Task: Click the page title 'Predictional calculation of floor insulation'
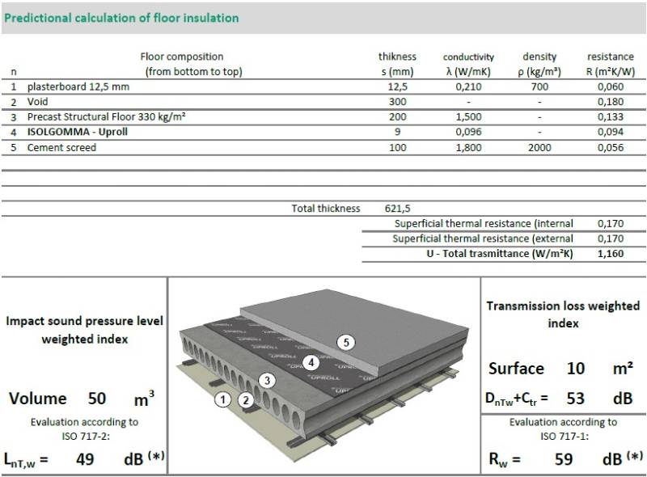[x=121, y=17]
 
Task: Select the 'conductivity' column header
[x=468, y=57]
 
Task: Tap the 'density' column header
[x=539, y=57]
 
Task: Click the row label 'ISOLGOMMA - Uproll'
[x=78, y=132]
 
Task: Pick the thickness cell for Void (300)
[x=397, y=102]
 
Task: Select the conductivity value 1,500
[x=468, y=117]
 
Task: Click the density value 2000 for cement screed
[x=539, y=148]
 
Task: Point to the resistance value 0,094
[x=611, y=133]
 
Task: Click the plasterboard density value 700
[x=539, y=87]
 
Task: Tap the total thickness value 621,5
[x=397, y=209]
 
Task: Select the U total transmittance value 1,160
[x=611, y=253]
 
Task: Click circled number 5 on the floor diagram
[x=347, y=343]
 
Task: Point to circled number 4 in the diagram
[x=311, y=362]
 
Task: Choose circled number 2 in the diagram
[x=245, y=399]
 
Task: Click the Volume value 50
[x=96, y=399]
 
